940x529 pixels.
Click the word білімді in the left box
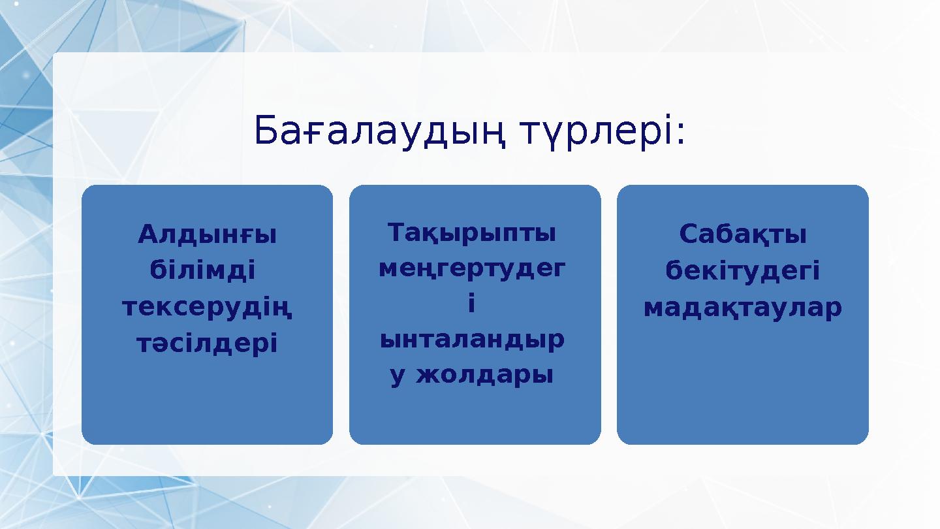tap(202, 270)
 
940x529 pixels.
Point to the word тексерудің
tap(208, 306)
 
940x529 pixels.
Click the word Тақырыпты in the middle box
tap(472, 232)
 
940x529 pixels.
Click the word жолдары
tap(486, 376)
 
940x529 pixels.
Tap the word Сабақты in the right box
tap(743, 234)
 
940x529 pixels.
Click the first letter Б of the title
tap(265, 131)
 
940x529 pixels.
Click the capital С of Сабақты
tap(687, 234)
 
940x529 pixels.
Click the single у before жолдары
tap(398, 377)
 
